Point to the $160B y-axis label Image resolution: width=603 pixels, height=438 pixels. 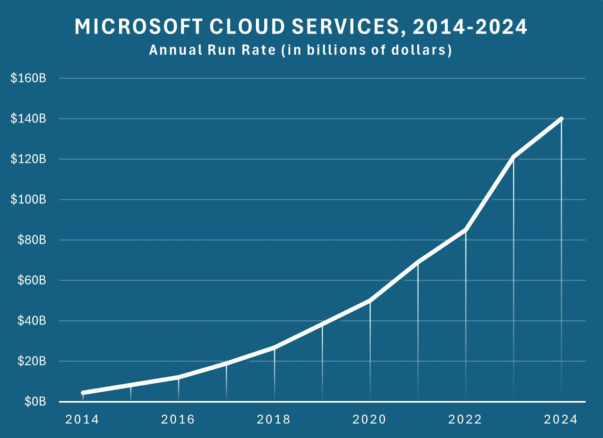pos(28,79)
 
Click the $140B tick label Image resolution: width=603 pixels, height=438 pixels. pos(28,119)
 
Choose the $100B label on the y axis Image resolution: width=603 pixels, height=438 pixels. pos(28,200)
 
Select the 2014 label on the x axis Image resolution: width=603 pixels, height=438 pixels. pos(82,420)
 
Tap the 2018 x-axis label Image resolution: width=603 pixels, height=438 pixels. pos(274,420)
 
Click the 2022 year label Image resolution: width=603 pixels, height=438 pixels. pos(465,420)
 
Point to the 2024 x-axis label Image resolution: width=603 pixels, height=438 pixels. pos(561,420)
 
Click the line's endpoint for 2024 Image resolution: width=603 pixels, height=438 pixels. pos(561,119)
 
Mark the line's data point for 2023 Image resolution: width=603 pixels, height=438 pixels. pos(513,157)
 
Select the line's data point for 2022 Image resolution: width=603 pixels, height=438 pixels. pos(465,230)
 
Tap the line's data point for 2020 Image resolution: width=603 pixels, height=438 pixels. pos(370,300)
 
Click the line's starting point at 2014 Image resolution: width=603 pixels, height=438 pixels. pos(83,393)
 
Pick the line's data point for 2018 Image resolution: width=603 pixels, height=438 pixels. pos(274,347)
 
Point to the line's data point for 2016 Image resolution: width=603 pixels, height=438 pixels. pos(179,377)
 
